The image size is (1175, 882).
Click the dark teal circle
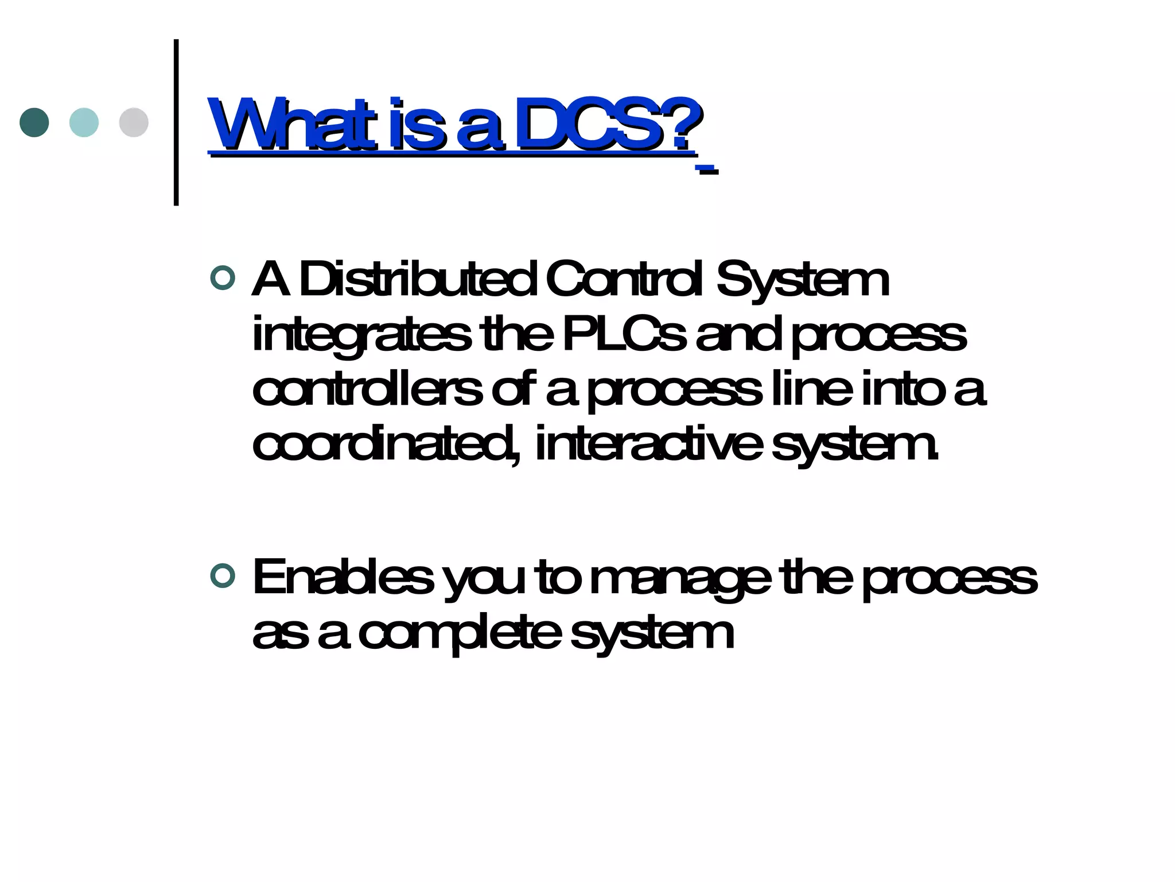34,122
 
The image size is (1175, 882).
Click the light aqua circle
84,122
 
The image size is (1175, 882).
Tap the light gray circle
134,122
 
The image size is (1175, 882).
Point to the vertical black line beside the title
176,122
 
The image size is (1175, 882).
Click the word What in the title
292,123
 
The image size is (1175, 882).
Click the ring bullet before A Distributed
223,278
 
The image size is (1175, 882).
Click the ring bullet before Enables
223,576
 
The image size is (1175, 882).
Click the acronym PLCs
624,334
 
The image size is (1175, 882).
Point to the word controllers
367,390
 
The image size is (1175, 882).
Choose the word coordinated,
387,444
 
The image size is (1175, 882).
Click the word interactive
648,443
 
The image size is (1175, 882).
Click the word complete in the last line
460,634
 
